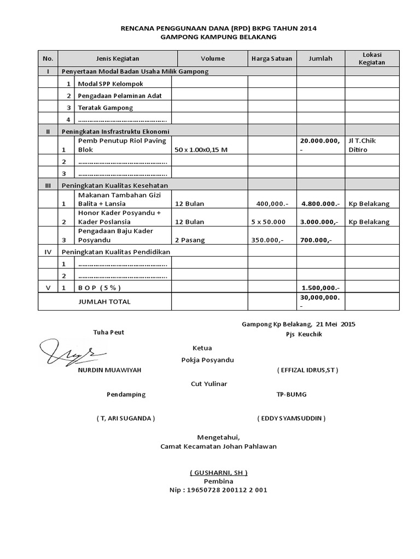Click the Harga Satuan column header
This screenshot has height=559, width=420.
pyautogui.click(x=272, y=58)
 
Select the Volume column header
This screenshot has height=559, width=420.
pyautogui.click(x=212, y=58)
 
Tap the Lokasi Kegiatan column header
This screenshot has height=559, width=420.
pyautogui.click(x=372, y=58)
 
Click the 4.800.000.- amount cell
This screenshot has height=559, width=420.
pyautogui.click(x=320, y=204)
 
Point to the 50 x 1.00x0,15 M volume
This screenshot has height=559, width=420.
pyautogui.click(x=201, y=150)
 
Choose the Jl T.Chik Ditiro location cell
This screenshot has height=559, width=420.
pyautogui.click(x=362, y=145)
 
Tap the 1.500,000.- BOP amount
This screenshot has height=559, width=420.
pyautogui.click(x=320, y=288)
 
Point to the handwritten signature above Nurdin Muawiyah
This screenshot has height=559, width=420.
pyautogui.click(x=67, y=350)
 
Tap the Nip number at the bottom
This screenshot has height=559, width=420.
pyautogui.click(x=219, y=490)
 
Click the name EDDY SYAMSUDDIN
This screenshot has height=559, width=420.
pyautogui.click(x=291, y=418)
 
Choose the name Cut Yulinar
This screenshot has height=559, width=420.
pyautogui.click(x=208, y=383)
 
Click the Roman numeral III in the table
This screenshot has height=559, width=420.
pyautogui.click(x=48, y=186)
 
